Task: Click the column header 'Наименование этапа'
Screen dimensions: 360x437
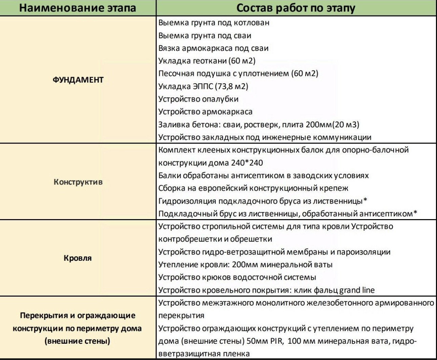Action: (x=78, y=8)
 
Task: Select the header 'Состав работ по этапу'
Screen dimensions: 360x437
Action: (x=295, y=8)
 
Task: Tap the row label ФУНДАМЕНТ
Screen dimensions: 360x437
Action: (x=78, y=80)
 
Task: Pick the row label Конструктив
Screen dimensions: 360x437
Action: (x=78, y=182)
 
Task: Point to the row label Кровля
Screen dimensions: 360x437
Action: (x=78, y=258)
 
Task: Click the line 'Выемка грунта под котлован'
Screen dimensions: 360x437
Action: (x=214, y=23)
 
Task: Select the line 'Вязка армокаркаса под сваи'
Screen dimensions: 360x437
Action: (x=213, y=48)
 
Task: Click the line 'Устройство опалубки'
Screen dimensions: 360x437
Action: (x=199, y=99)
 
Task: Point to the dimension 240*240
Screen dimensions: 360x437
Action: (x=247, y=163)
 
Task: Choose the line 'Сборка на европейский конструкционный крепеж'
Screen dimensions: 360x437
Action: (x=253, y=188)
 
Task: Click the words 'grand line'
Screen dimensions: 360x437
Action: (x=357, y=290)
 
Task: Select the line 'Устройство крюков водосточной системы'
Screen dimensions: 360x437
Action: (x=237, y=277)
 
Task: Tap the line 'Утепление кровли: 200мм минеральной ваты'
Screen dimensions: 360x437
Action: (x=246, y=264)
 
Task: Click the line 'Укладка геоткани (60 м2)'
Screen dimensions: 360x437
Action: (x=207, y=61)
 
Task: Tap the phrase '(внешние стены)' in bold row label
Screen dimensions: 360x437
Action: (x=78, y=341)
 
